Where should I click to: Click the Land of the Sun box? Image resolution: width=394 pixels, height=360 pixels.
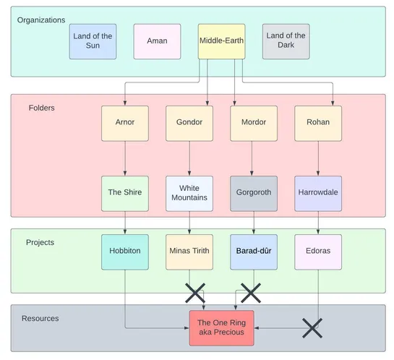click(93, 41)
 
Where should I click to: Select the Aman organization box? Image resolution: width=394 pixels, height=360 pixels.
click(157, 41)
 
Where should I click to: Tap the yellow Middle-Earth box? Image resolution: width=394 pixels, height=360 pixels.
click(221, 41)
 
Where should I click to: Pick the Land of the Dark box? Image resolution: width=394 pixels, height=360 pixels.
click(286, 41)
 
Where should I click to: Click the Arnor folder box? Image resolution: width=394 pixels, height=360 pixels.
click(125, 123)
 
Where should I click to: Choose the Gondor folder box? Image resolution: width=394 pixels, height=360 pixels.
click(189, 123)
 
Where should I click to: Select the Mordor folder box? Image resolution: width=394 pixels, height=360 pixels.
click(253, 123)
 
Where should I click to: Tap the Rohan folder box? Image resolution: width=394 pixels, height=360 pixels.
click(318, 123)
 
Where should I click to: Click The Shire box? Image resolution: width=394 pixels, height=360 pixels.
click(125, 193)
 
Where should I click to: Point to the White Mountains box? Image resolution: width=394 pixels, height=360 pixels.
click(189, 193)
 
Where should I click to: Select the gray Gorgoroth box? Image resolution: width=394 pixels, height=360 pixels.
click(253, 193)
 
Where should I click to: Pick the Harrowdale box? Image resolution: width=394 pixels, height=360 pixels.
click(318, 193)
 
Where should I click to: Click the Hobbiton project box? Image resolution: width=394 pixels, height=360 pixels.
click(125, 252)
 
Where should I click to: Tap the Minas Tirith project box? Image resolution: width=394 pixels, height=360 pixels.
click(189, 252)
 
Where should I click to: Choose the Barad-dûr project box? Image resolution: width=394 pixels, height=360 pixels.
click(253, 252)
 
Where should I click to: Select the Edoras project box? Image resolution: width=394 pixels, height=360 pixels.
click(318, 252)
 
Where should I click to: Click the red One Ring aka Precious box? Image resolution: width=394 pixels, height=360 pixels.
click(221, 327)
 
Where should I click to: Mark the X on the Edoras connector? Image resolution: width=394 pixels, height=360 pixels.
click(312, 327)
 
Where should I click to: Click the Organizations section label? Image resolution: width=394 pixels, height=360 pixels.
click(41, 20)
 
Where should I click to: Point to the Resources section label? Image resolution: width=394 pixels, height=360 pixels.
click(40, 318)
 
